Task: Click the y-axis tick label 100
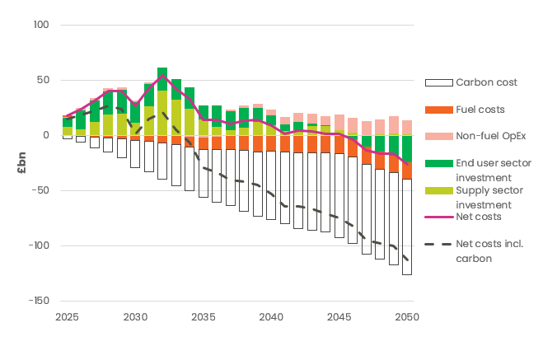40,25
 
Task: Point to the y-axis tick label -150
38,301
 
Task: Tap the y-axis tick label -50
40,190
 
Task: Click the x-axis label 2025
68,316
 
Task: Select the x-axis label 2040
272,316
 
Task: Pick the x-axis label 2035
204,316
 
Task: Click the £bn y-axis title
22,162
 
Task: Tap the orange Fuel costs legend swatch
438,110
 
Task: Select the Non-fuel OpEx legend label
492,136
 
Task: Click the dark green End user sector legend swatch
438,163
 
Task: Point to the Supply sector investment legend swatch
438,190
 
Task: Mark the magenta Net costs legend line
438,217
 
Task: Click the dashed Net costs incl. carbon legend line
438,244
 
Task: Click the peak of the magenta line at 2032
162,76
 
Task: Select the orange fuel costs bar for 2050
407,171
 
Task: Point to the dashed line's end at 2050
407,261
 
